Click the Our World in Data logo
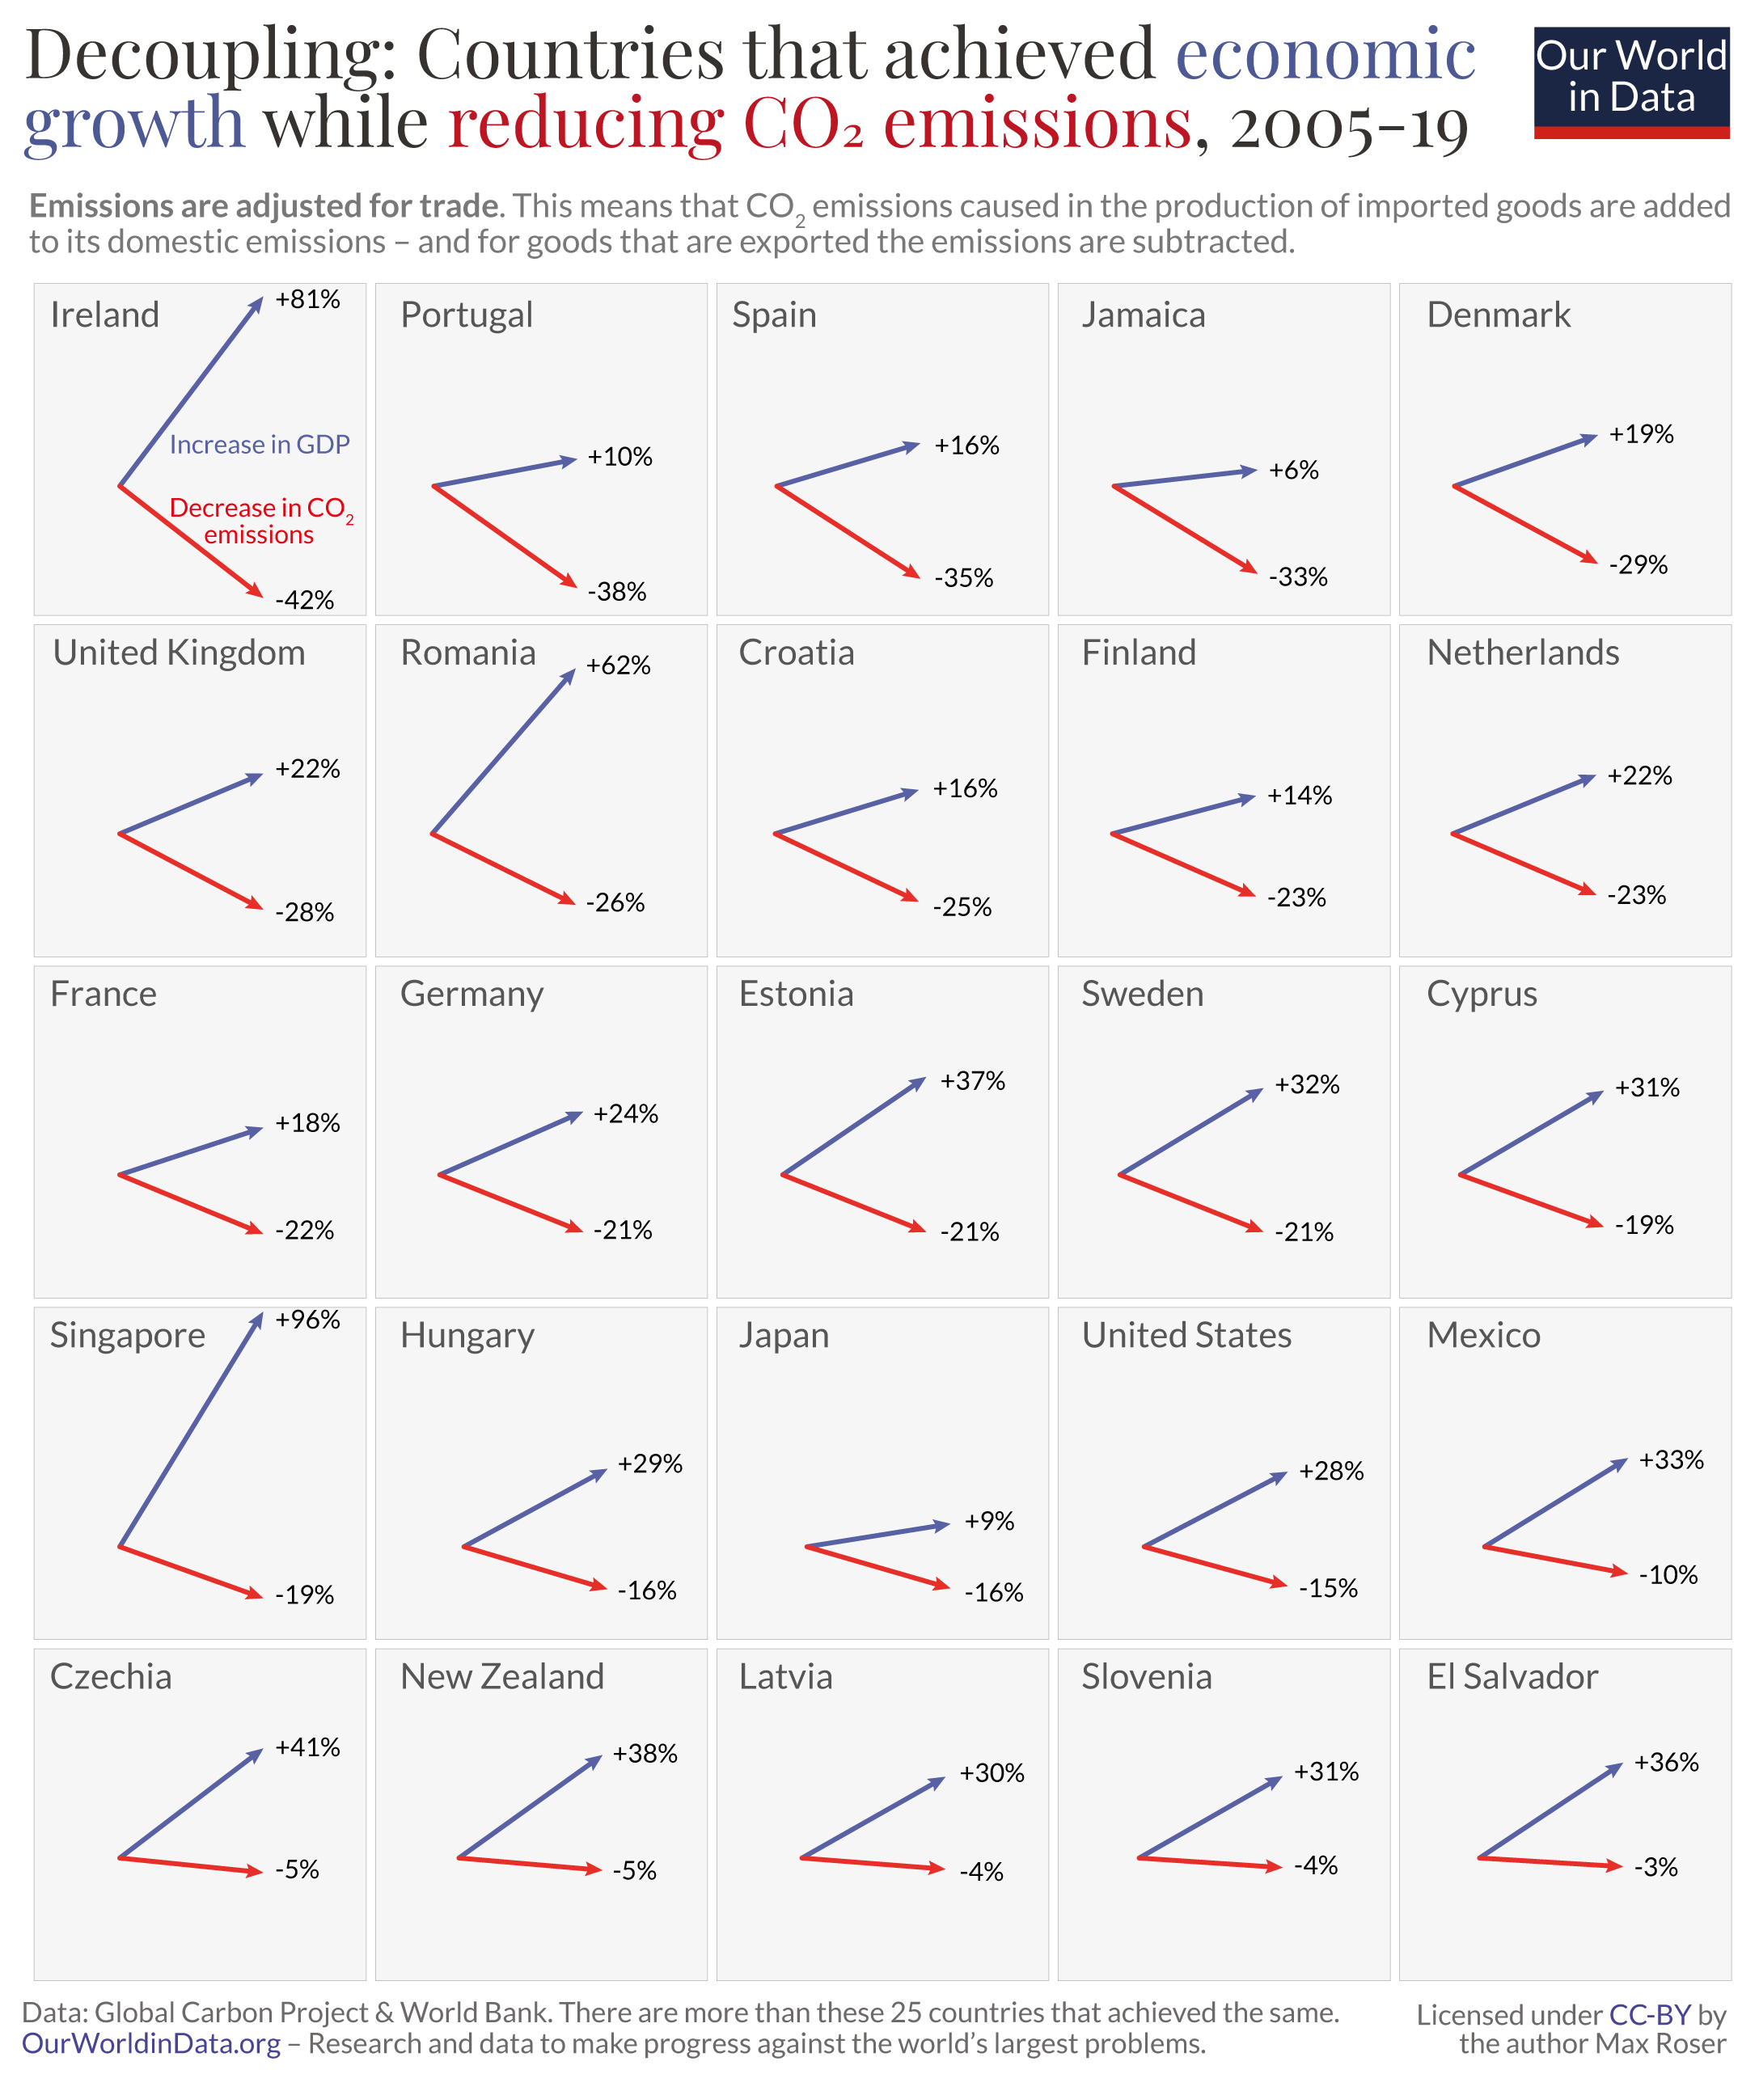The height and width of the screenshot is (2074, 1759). point(1630,82)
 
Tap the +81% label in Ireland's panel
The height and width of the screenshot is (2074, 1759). point(307,299)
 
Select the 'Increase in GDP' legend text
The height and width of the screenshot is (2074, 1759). point(260,445)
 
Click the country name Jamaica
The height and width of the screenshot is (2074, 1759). point(1143,315)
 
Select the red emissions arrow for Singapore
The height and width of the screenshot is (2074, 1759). point(189,1571)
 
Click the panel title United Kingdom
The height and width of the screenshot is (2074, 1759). point(180,653)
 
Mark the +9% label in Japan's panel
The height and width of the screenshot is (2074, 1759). point(988,1521)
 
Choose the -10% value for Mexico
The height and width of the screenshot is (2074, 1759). point(1668,1574)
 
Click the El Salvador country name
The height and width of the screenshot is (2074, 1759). point(1512,1676)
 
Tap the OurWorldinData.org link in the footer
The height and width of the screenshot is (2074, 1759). point(150,2043)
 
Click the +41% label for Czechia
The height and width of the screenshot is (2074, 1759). point(307,1747)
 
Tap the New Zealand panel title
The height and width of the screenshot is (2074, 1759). point(501,1676)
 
